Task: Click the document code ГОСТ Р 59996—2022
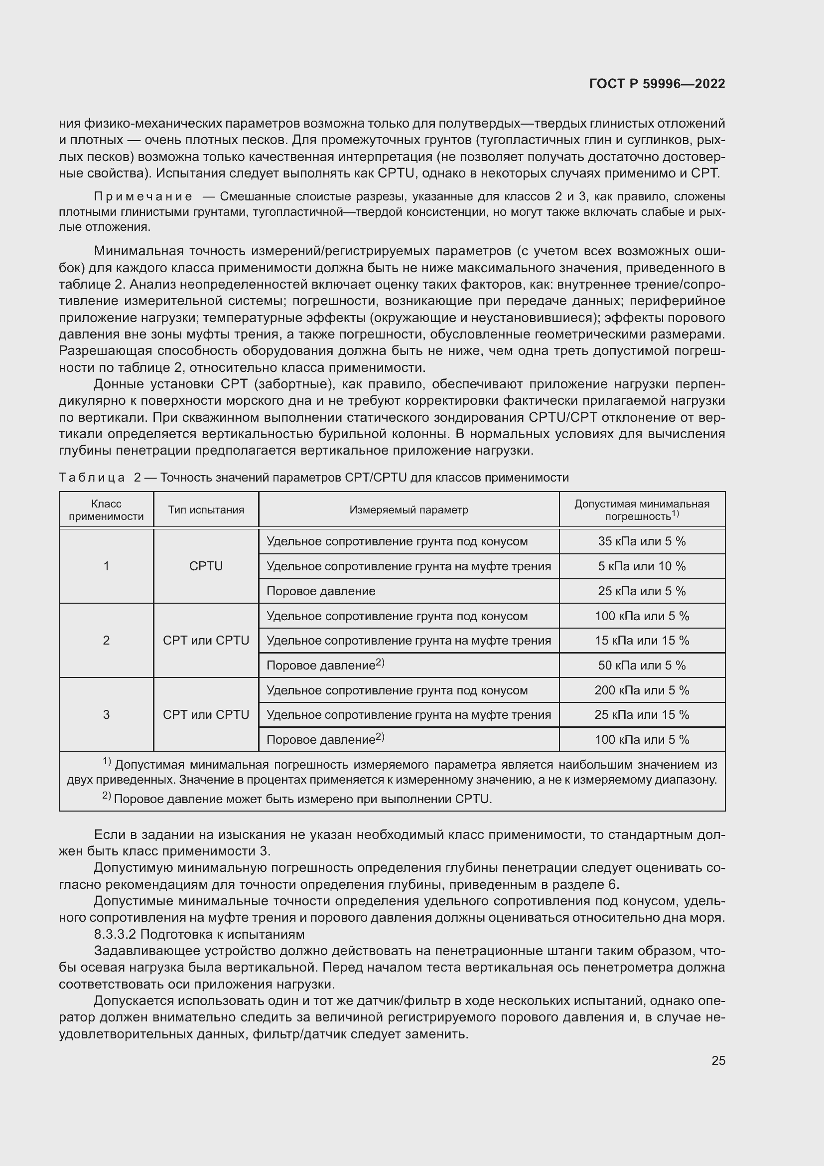pos(657,84)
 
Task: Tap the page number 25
pos(718,1060)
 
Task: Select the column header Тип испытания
pos(206,510)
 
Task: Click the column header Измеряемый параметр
pos(409,510)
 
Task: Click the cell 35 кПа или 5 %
pos(641,541)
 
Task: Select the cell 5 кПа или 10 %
pos(641,566)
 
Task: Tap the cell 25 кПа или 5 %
pos(641,591)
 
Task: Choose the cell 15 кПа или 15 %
pos(641,641)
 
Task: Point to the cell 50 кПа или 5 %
pos(641,666)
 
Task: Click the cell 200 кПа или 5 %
pos(641,690)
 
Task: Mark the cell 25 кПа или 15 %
pos(641,714)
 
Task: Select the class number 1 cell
pos(106,566)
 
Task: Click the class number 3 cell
pos(106,714)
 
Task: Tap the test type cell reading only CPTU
pos(206,566)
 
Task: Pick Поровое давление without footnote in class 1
pos(321,591)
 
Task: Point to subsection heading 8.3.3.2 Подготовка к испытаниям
pos(199,934)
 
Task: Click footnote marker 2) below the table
pos(107,796)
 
